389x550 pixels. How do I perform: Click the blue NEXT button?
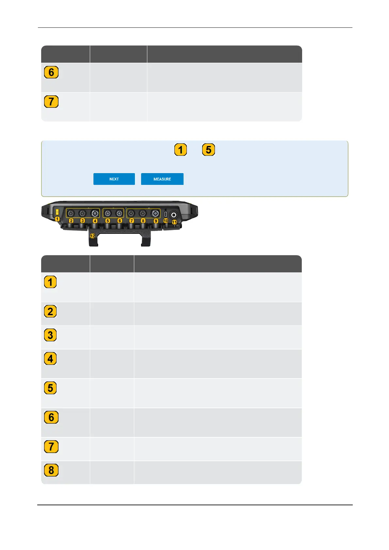coord(114,179)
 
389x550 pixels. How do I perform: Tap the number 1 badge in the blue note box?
coord(181,150)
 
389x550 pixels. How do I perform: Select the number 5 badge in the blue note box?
coord(209,150)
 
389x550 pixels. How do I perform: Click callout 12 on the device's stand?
coord(93,236)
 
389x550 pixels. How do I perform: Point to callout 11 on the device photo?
coord(174,222)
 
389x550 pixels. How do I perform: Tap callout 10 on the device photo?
coord(166,221)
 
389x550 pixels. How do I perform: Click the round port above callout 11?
coord(174,215)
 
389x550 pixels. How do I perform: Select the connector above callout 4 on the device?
coord(95,213)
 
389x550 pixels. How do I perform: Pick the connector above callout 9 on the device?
coord(155,214)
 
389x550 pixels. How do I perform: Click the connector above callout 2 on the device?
coord(71,213)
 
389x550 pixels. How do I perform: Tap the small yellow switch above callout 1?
coord(57,212)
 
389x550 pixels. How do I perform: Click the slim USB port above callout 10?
coord(166,214)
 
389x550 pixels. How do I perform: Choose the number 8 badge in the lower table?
coord(51,470)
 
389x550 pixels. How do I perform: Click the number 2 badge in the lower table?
coord(50,312)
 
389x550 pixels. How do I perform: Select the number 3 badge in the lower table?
coord(50,335)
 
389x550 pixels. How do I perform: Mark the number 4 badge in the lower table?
coord(50,359)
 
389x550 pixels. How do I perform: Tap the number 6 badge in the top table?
coord(51,72)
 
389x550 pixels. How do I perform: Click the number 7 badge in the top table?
coord(51,102)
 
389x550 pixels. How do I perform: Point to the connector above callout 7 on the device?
coord(131,214)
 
